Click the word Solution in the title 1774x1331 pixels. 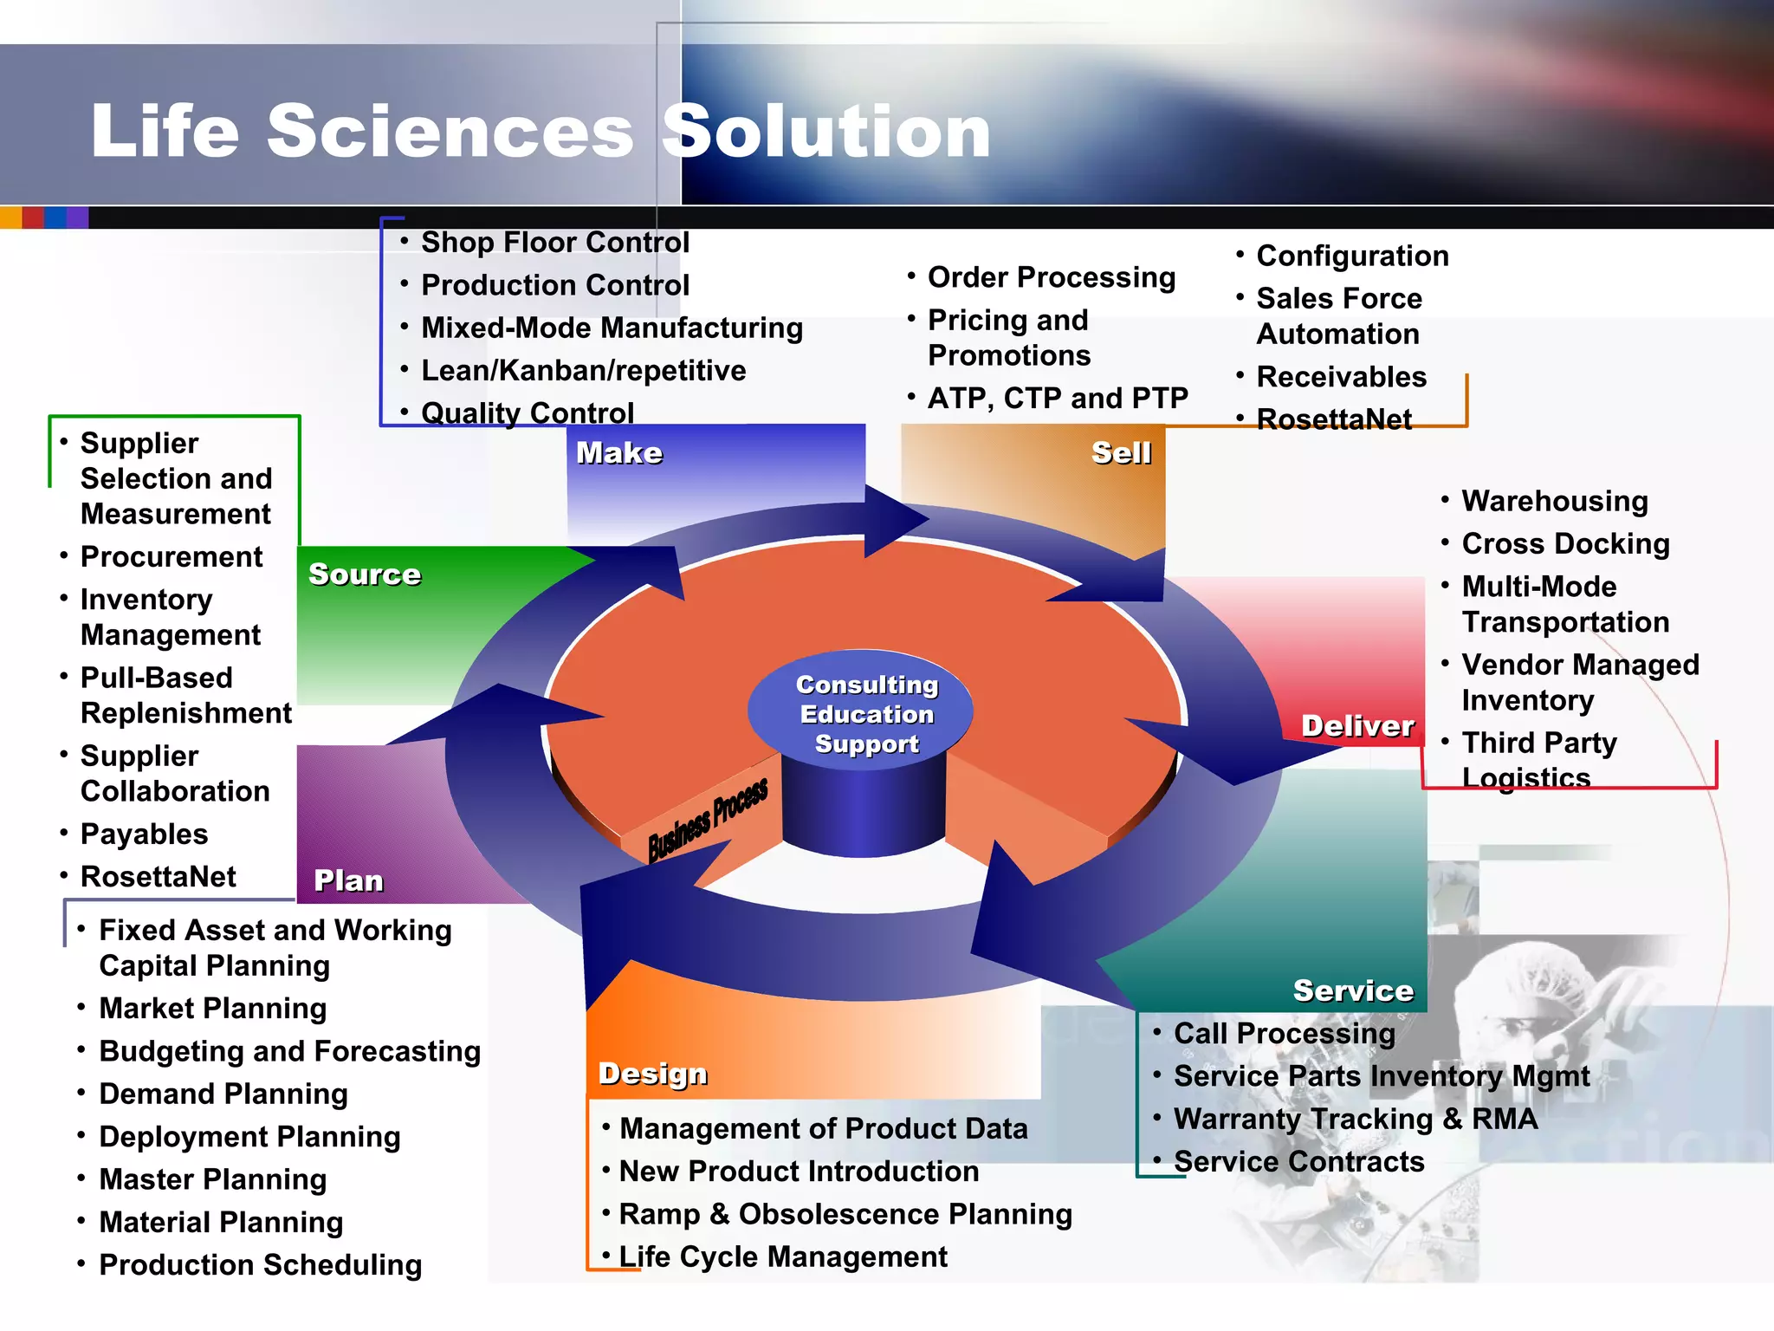point(827,132)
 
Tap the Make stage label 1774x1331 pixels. point(619,452)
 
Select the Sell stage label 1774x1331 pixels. point(1121,452)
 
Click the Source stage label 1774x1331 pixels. point(365,574)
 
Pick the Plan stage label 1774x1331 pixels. point(348,880)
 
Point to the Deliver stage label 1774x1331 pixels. point(1357,725)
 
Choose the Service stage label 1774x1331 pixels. point(1353,990)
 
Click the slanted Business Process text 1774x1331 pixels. point(708,819)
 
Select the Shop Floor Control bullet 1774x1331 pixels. point(554,243)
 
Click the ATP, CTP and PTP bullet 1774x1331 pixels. point(1057,398)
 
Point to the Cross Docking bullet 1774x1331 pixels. point(1564,543)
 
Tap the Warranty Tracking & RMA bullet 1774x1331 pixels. point(1355,1119)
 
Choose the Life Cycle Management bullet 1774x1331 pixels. point(782,1256)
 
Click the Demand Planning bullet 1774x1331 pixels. point(223,1094)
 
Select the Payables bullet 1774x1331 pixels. point(144,834)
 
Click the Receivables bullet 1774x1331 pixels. point(1341,377)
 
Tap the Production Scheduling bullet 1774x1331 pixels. point(260,1264)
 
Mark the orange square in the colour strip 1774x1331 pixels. point(10,217)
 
